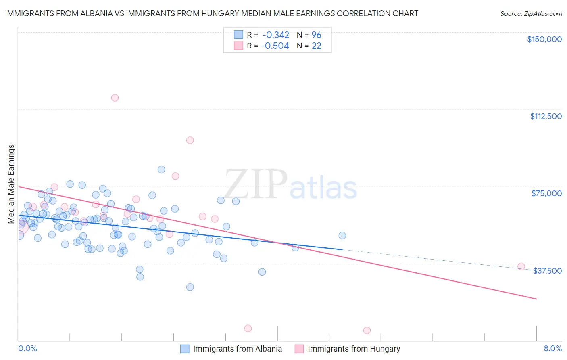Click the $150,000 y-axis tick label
click(x=544, y=39)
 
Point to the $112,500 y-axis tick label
click(x=546, y=116)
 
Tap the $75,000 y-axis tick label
click(x=546, y=193)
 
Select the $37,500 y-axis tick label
click(x=547, y=271)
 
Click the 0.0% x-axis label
click(x=27, y=348)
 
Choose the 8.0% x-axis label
click(x=552, y=348)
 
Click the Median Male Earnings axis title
click(x=11, y=184)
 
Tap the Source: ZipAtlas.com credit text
click(x=531, y=13)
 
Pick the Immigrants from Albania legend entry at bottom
click(x=237, y=349)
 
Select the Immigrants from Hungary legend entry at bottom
click(x=354, y=349)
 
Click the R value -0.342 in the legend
click(x=275, y=35)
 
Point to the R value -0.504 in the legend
click(x=275, y=46)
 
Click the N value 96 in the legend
click(x=316, y=35)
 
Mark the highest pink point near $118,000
click(x=115, y=98)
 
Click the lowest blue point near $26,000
click(x=190, y=287)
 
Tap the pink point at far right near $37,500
click(x=521, y=266)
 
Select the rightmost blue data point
click(x=342, y=235)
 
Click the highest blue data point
click(x=161, y=170)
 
